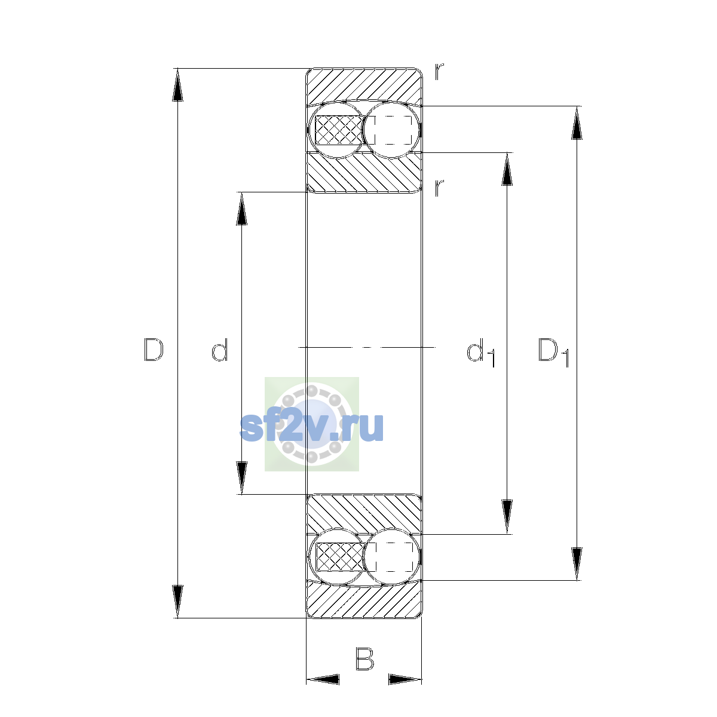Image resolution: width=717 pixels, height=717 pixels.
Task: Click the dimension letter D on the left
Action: click(x=154, y=350)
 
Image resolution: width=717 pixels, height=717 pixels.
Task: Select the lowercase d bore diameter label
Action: click(x=219, y=350)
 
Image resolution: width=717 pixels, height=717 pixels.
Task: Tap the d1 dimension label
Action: click(x=481, y=353)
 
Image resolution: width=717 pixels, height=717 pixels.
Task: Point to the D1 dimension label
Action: click(x=554, y=353)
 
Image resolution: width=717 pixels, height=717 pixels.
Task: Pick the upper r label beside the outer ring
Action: click(x=439, y=72)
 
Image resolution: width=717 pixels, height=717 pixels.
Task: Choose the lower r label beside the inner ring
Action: click(x=439, y=188)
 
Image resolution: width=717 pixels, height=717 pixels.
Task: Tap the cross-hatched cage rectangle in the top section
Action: click(x=339, y=130)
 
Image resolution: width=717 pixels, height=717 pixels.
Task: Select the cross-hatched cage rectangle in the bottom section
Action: click(x=339, y=557)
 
